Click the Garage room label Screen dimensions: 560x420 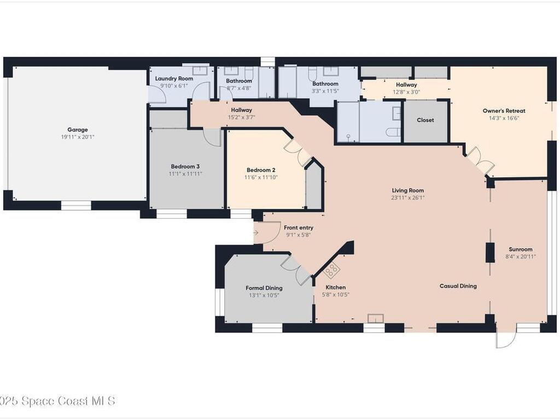click(78, 130)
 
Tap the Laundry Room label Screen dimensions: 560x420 click(174, 79)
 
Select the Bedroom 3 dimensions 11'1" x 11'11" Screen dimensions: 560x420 click(185, 174)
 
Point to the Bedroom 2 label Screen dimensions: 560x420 click(261, 170)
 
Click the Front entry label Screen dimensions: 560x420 click(299, 227)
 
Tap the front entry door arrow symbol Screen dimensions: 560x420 click(256, 233)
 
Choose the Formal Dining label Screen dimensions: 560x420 click(264, 288)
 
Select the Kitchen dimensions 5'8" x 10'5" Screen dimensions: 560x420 click(335, 295)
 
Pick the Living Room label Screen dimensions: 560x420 click(408, 190)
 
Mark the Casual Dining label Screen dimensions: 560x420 click(458, 285)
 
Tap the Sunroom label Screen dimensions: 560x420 click(521, 249)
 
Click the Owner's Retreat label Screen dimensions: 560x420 click(504, 110)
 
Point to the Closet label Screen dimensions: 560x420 click(425, 120)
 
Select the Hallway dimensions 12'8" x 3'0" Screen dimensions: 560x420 click(406, 92)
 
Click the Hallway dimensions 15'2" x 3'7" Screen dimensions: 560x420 click(241, 117)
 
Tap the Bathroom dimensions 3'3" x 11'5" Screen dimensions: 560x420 click(325, 91)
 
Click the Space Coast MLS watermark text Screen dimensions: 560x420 click(57, 401)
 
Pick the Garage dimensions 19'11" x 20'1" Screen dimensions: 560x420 click(78, 137)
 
